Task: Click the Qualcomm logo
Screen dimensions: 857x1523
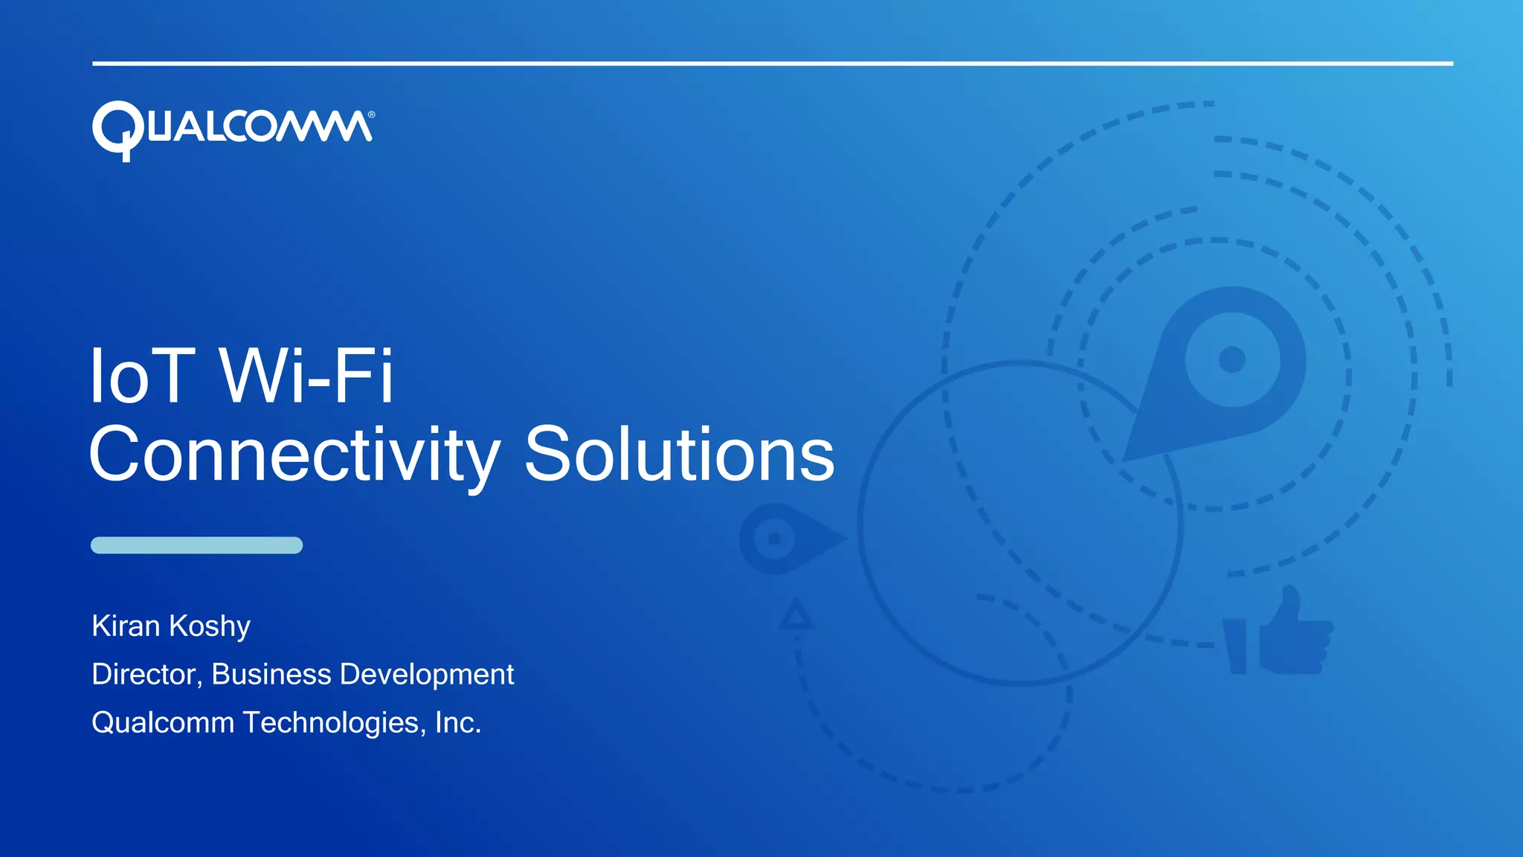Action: coord(232,129)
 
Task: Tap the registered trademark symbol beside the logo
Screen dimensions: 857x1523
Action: coord(371,115)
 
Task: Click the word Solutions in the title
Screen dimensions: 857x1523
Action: coord(679,454)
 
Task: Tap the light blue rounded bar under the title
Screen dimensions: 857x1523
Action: coord(196,545)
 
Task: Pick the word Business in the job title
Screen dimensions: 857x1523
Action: coord(271,674)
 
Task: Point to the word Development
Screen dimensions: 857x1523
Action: coord(426,675)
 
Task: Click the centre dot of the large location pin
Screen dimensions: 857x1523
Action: coord(1232,359)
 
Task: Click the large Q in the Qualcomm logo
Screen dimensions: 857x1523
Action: coord(118,130)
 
